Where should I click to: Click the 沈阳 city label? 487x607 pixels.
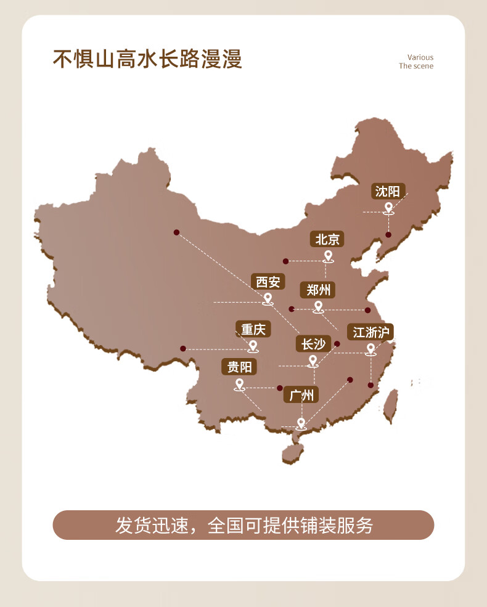(388, 192)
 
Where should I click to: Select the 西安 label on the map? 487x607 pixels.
(268, 282)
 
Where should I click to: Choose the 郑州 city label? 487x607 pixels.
(319, 290)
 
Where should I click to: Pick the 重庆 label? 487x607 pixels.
(253, 330)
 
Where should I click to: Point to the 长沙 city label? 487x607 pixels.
(313, 344)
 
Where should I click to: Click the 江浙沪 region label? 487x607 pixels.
(370, 333)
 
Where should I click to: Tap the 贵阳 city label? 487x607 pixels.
(239, 367)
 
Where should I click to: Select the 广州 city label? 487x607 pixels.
(301, 395)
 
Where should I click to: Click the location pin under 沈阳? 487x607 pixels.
(388, 208)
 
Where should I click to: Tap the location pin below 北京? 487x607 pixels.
(328, 256)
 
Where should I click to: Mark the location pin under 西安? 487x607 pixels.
(268, 299)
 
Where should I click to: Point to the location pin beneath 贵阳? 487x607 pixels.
(240, 385)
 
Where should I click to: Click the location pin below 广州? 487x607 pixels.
(301, 423)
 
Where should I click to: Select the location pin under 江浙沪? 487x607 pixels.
(370, 349)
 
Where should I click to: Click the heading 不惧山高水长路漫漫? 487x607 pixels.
(147, 60)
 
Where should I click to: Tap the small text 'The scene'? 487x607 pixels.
(415, 66)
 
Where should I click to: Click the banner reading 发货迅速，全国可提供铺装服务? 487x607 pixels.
(243, 525)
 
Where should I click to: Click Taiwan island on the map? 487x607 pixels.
(390, 406)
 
